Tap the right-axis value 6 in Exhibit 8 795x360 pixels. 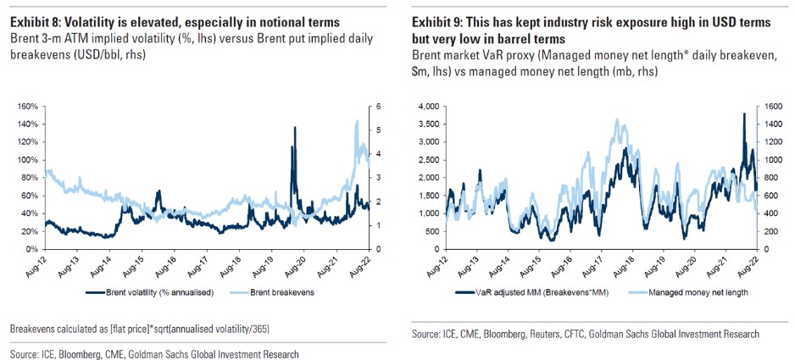(x=370, y=107)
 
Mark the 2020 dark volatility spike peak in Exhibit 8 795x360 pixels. (x=294, y=128)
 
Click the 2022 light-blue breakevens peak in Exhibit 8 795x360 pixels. (x=356, y=121)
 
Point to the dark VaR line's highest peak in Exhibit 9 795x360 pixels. (x=743, y=114)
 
